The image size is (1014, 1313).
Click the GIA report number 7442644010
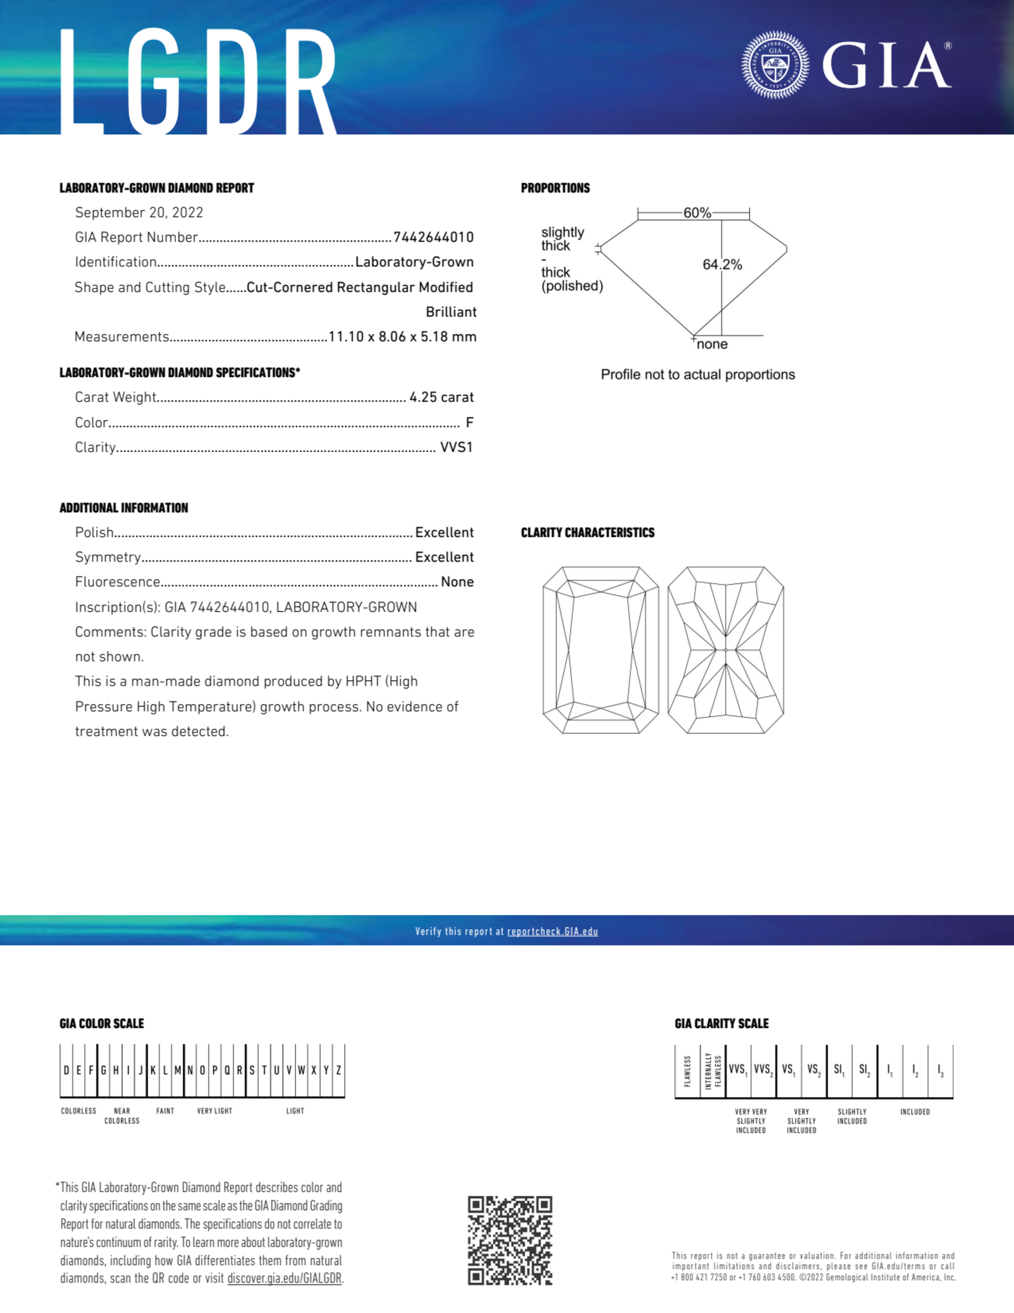[433, 237]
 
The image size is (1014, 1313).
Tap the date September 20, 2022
[139, 213]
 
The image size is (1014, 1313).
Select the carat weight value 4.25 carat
[441, 397]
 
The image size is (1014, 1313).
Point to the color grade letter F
[469, 423]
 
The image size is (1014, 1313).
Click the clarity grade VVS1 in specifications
[456, 447]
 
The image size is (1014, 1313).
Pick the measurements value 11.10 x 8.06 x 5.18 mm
[402, 337]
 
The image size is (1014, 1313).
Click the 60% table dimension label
[697, 213]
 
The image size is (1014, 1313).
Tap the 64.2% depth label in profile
[722, 265]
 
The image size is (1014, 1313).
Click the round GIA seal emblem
[775, 65]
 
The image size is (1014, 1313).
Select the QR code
[510, 1241]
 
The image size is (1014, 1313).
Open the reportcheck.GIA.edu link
[552, 931]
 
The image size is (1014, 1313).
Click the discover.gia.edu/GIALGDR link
[284, 1279]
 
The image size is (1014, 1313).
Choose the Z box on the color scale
[339, 1071]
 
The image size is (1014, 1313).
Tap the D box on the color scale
[66, 1071]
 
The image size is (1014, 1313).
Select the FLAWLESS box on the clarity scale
[688, 1071]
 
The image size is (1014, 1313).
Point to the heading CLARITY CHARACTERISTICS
[587, 533]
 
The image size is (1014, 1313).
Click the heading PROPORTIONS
[555, 188]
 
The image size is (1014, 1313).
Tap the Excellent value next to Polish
[444, 533]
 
